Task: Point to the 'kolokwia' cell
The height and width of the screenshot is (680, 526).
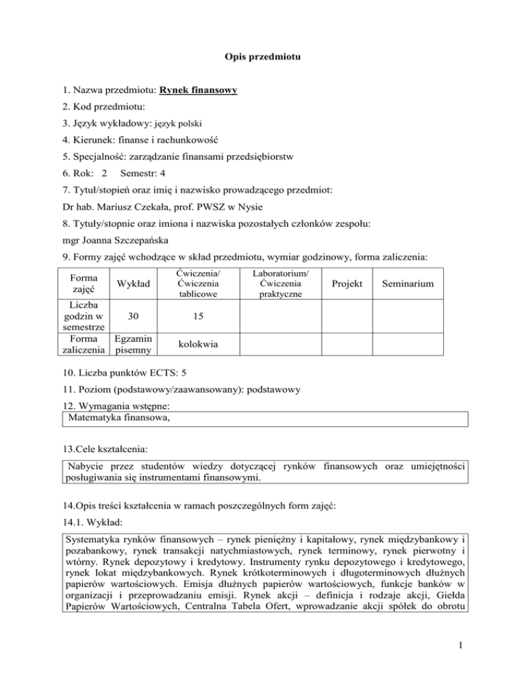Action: click(197, 344)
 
